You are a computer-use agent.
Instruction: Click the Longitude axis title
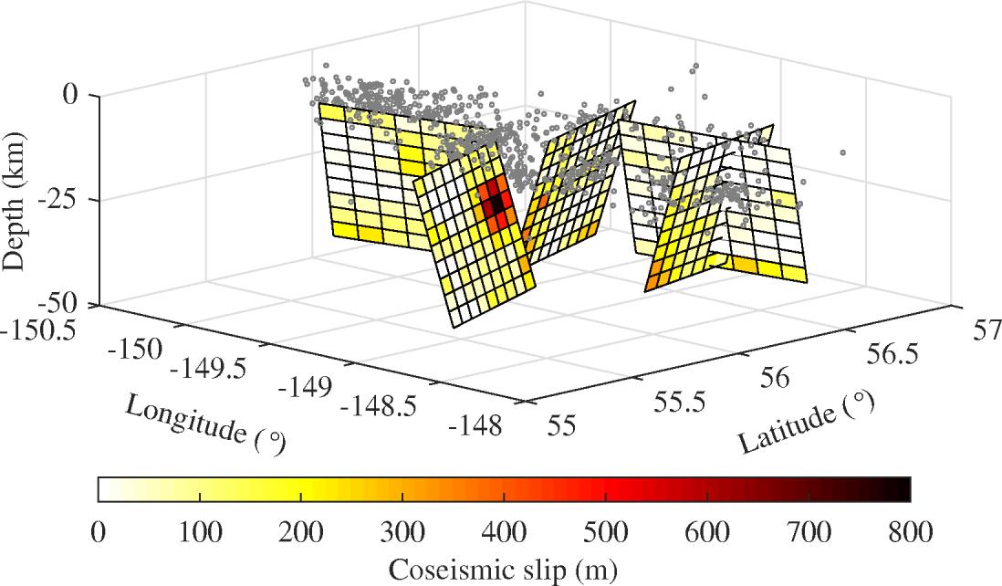coord(205,423)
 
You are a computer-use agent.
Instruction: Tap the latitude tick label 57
coord(977,330)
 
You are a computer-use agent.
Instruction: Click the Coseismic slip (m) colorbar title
coord(504,570)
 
